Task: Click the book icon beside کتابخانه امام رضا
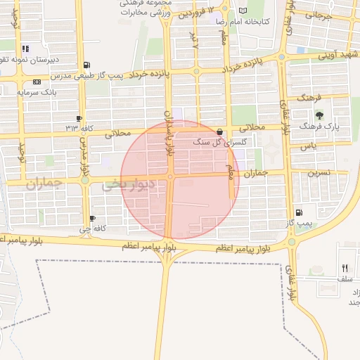(x=243, y=11)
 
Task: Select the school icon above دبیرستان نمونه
(x=25, y=49)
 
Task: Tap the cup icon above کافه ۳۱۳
(x=79, y=118)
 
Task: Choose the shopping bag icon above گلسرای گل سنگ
(x=220, y=131)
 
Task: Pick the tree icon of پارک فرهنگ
(x=319, y=115)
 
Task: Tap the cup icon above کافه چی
(x=93, y=219)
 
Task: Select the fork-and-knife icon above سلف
(x=345, y=268)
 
